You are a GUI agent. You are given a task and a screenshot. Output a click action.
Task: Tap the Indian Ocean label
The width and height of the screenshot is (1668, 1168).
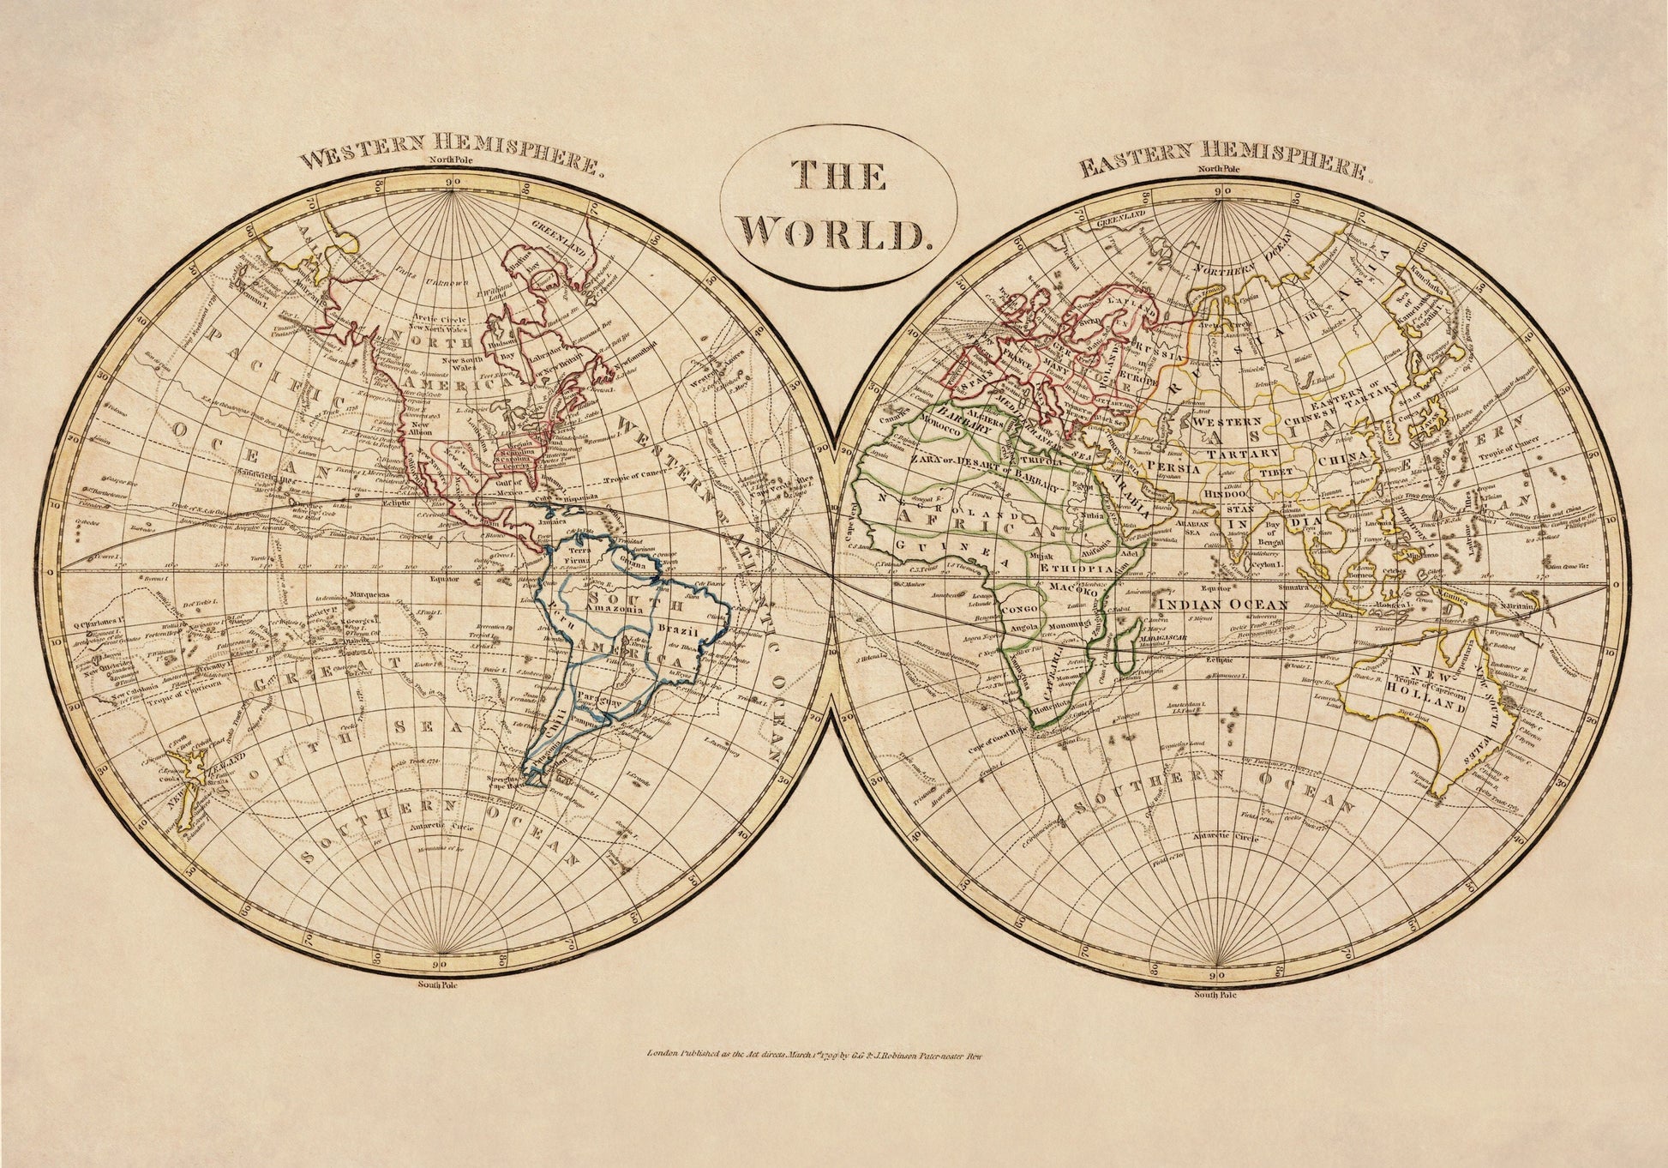click(1223, 605)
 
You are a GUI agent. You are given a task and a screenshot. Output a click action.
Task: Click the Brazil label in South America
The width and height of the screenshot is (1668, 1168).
click(681, 630)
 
